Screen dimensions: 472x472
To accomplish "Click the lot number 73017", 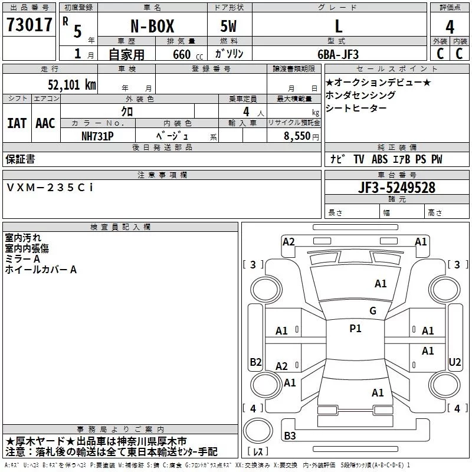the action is pos(29,25).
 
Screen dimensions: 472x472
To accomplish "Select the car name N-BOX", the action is pos(147,27).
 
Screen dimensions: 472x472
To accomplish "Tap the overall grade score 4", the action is pos(450,27).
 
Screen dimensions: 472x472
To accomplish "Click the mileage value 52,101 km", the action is pos(72,84).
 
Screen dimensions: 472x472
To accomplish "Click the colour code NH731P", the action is pos(99,135).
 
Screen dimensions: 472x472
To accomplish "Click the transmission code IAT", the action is pos(17,123).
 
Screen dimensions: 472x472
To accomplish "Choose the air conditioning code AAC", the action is pos(45,123).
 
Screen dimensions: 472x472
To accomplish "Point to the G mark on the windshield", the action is pos(372,311).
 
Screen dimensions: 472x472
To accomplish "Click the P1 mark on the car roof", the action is pos(355,329).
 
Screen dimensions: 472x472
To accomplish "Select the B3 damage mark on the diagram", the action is pos(290,436).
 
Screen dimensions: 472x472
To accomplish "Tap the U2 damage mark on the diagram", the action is pos(454,362).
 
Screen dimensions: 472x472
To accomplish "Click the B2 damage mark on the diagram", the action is pos(255,362).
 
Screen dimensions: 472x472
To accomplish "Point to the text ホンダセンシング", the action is pos(360,95).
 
